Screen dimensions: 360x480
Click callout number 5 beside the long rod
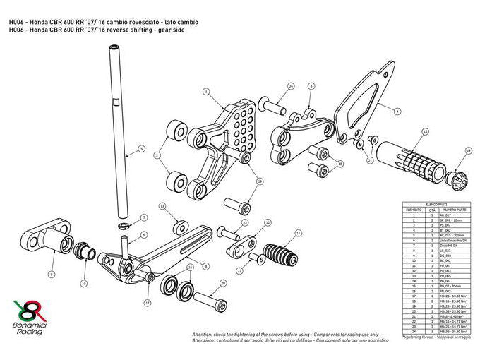[x=141, y=149]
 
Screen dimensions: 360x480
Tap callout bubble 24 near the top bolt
[x=291, y=86]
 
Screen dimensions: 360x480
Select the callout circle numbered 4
[x=397, y=111]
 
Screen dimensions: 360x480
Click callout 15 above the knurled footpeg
[x=425, y=131]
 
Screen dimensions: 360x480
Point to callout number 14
[x=469, y=150]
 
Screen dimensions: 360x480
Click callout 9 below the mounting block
[x=52, y=272]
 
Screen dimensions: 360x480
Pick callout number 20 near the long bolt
[x=223, y=283]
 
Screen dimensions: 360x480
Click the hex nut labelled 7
[x=122, y=225]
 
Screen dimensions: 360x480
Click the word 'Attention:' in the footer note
[x=204, y=332]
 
